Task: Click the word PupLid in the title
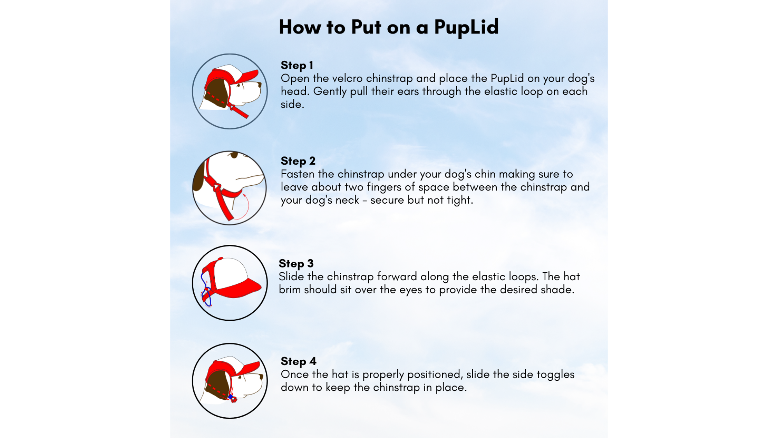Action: click(x=466, y=27)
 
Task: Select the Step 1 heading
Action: click(x=297, y=65)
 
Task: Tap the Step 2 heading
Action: click(x=298, y=161)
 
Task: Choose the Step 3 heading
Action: click(x=296, y=264)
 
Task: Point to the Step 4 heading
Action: click(x=298, y=361)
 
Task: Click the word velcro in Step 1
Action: click(x=347, y=78)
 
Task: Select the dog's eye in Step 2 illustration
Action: click(x=234, y=155)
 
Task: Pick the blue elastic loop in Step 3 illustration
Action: click(x=205, y=290)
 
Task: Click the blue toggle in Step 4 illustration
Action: click(x=231, y=397)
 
